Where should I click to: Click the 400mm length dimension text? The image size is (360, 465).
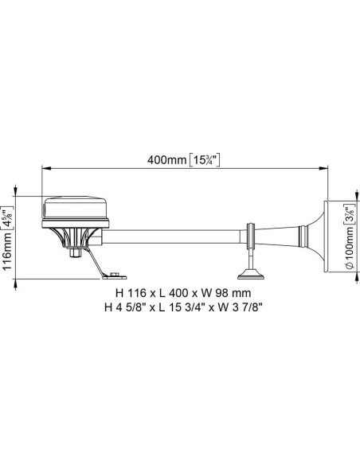(166, 160)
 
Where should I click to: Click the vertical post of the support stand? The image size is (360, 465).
(252, 259)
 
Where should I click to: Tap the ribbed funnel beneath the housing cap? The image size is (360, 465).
(78, 236)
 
